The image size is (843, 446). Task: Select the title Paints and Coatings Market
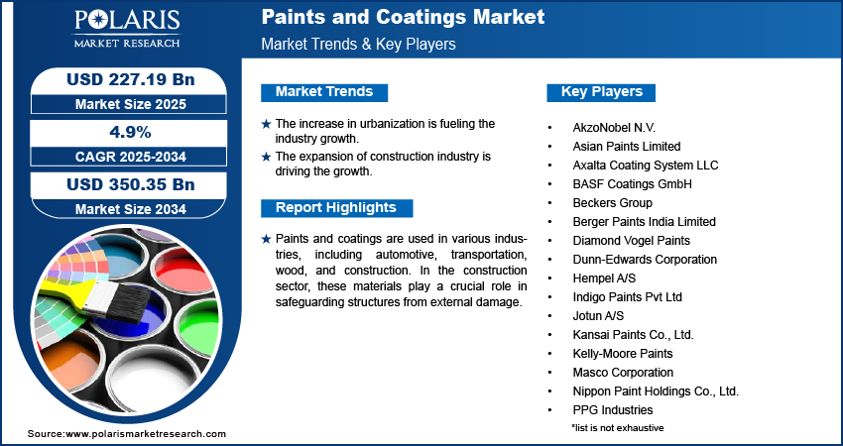click(x=403, y=18)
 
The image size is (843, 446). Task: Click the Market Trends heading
click(x=324, y=92)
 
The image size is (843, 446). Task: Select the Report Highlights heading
click(x=335, y=208)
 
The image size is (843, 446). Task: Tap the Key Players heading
click(x=602, y=92)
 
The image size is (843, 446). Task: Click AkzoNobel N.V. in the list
click(x=614, y=128)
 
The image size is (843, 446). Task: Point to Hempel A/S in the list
click(x=605, y=279)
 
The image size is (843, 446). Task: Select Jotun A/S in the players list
click(x=600, y=316)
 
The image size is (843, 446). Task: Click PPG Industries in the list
click(x=613, y=409)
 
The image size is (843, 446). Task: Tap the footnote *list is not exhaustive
click(x=617, y=427)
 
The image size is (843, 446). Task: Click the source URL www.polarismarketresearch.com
click(x=146, y=434)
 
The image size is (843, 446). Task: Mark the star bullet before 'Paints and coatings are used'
click(x=266, y=240)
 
